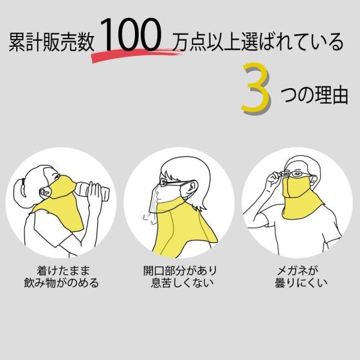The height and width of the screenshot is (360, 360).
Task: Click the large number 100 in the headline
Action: (x=130, y=35)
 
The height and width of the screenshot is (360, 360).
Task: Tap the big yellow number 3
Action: (x=256, y=88)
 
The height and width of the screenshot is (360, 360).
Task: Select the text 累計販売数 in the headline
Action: (x=52, y=42)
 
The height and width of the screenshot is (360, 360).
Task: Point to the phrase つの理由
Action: (x=314, y=95)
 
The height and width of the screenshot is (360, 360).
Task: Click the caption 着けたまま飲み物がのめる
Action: (x=62, y=277)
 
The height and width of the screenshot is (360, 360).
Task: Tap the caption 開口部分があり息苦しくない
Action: (x=181, y=277)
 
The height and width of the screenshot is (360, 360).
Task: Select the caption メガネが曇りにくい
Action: (x=301, y=277)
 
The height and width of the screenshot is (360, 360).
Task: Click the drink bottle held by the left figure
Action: (x=92, y=190)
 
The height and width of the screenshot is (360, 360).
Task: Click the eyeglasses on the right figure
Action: (x=296, y=174)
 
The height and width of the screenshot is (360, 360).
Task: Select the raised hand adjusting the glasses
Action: (x=275, y=181)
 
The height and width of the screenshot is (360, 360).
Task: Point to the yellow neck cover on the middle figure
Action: (x=181, y=227)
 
